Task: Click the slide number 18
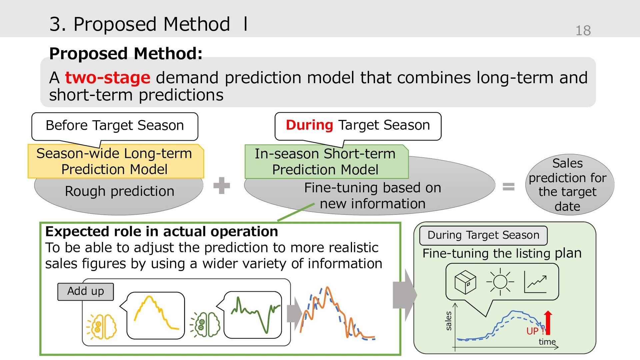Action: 583,30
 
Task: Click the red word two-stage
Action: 108,78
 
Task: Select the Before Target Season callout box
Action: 115,127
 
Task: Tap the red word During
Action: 309,125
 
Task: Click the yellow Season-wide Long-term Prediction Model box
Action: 116,161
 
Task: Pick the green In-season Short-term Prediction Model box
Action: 326,162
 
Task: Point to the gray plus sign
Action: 222,185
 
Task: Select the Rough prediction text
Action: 120,191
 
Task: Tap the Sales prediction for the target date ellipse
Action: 570,184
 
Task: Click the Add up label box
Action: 86,292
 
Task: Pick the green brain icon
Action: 205,324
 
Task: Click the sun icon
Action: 500,282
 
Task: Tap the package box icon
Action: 465,282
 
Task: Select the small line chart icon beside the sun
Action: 535,282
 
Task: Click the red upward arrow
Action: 548,323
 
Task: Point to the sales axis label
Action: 448,321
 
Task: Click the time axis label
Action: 547,342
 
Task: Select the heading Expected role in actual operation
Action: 162,232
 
